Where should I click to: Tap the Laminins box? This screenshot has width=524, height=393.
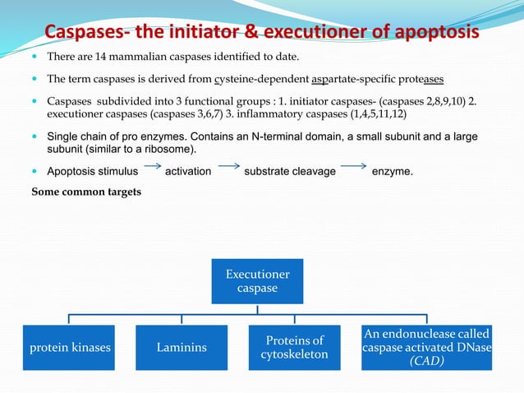(182, 347)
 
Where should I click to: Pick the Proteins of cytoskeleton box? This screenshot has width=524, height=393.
(296, 347)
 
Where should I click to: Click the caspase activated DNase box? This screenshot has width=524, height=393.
(425, 347)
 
